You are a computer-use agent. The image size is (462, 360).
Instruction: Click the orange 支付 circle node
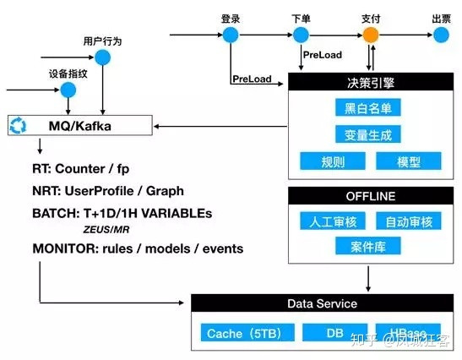tap(370, 35)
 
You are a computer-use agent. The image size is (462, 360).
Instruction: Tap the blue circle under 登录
tap(231, 35)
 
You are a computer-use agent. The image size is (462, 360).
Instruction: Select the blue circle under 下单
tap(302, 35)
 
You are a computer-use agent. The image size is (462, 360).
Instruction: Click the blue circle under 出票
tap(440, 35)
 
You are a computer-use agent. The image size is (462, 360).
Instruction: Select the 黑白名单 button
tap(367, 107)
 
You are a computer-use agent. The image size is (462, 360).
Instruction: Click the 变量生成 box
tap(367, 134)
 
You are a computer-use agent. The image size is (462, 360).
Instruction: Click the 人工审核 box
tap(329, 221)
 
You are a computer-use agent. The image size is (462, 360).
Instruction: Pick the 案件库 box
tap(367, 247)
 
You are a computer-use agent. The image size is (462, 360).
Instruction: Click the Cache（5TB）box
tap(246, 333)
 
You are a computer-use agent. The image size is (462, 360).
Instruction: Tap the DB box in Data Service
tap(335, 333)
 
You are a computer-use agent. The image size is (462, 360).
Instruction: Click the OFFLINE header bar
tap(367, 196)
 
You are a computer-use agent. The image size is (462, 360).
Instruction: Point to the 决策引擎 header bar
tap(367, 83)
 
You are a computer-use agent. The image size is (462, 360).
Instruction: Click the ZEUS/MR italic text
tap(107, 229)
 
